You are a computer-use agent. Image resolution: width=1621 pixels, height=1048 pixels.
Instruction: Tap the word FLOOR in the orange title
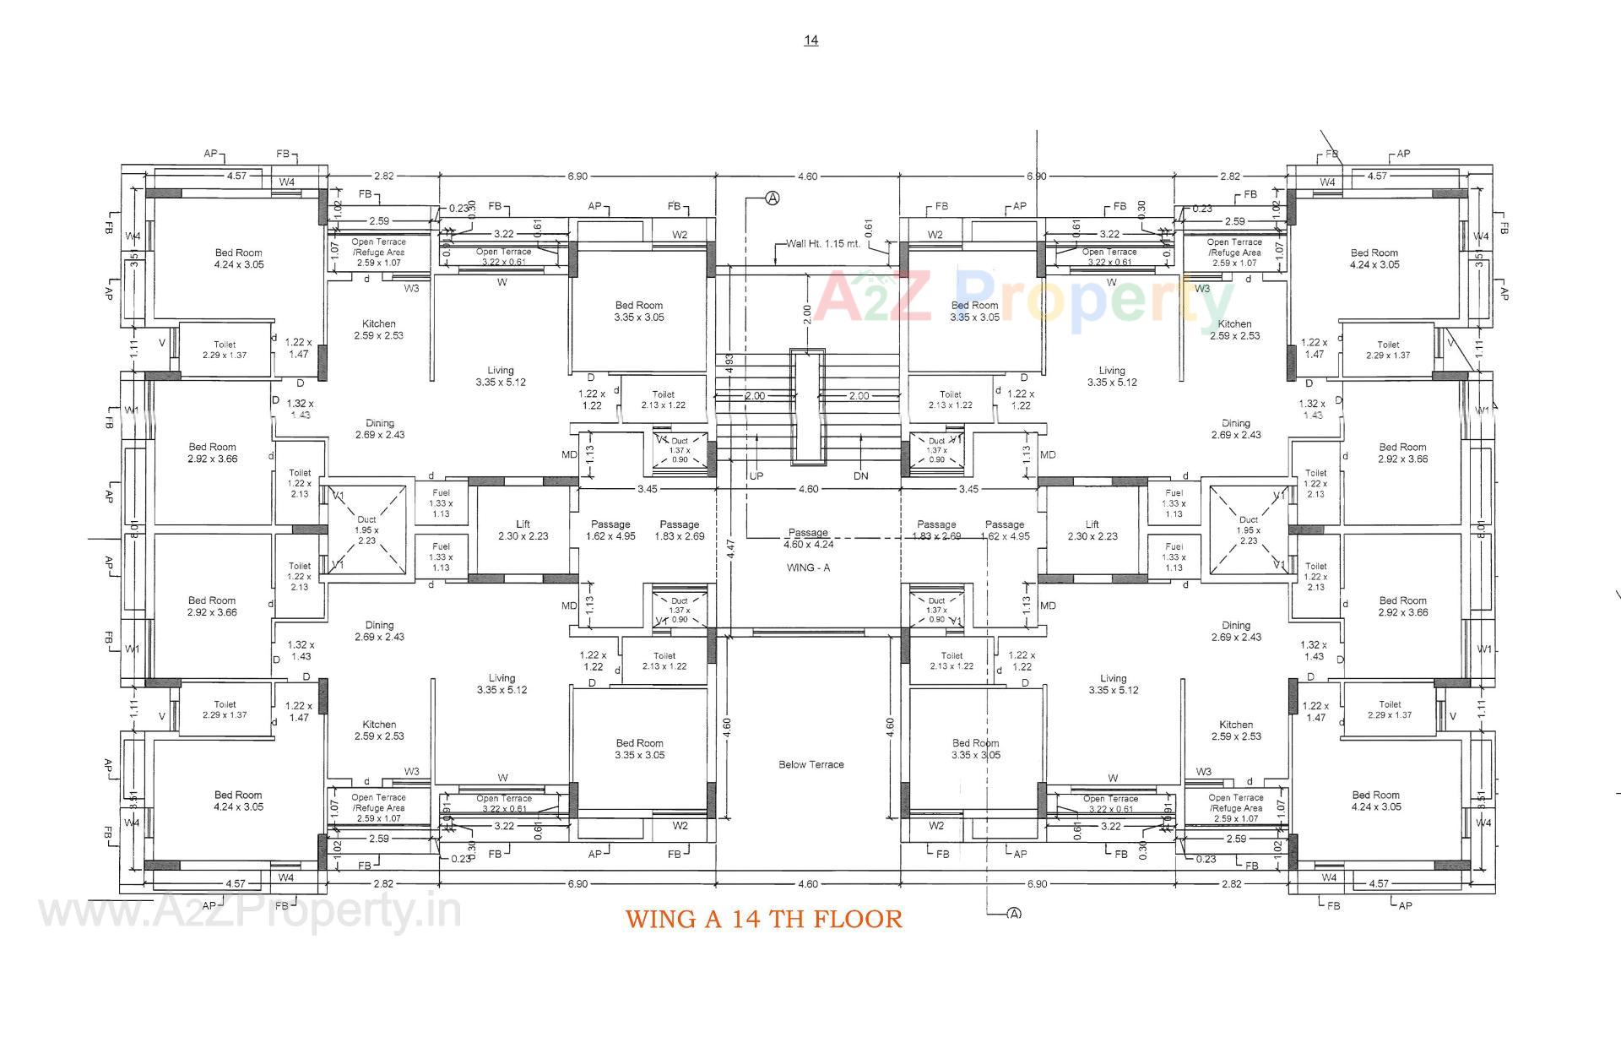(858, 919)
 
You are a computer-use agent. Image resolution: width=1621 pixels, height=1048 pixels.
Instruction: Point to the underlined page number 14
(810, 40)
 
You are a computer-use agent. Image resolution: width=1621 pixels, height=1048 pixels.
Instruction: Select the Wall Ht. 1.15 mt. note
(823, 243)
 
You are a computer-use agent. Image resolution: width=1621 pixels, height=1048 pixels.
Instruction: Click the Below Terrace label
(810, 764)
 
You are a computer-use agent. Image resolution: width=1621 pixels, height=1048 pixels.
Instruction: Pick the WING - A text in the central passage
(808, 567)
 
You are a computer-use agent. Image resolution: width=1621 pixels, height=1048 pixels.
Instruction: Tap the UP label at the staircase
(756, 476)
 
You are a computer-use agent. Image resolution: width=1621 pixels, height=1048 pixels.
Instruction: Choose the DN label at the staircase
(860, 476)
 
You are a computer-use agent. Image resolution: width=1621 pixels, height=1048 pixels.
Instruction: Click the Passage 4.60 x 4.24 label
(809, 539)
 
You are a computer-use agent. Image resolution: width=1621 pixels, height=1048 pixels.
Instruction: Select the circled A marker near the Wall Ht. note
(772, 198)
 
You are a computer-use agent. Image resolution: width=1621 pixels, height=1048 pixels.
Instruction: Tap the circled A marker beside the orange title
(1014, 914)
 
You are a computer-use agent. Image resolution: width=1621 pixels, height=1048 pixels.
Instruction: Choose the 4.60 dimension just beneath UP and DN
(808, 489)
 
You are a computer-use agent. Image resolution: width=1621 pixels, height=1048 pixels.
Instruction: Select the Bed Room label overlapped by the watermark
(974, 311)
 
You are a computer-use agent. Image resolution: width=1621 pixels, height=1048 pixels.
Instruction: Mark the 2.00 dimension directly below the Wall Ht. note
(807, 313)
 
